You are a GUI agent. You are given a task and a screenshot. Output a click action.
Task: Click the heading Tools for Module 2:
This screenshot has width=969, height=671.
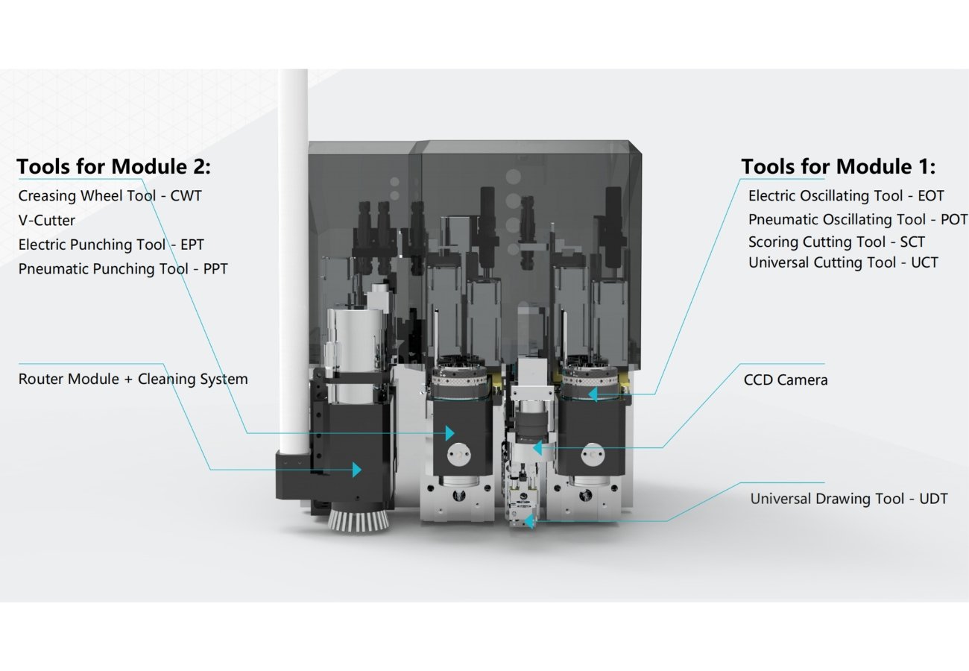coord(113,166)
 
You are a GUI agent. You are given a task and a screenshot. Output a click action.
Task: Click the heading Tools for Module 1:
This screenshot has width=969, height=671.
coord(838,166)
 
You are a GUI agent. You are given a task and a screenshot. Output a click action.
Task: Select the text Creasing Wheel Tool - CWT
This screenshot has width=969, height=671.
coord(110,195)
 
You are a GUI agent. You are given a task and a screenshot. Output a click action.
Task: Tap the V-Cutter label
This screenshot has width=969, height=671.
coord(46,220)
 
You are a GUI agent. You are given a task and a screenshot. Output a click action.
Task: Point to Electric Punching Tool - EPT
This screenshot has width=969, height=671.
coord(110,245)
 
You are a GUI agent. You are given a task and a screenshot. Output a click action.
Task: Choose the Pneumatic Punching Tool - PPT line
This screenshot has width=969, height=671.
coord(122,268)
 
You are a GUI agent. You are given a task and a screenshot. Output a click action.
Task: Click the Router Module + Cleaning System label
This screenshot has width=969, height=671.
coord(133,379)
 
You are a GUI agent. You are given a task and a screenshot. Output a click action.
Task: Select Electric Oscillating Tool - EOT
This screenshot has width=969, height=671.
coord(846,195)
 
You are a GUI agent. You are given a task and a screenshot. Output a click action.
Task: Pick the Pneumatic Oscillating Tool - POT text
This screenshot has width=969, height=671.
coord(857,219)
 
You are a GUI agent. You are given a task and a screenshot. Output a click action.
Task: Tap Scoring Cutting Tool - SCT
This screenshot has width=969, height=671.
coord(836,242)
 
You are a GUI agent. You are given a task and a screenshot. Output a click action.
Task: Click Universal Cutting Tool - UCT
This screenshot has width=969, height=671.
coord(843,262)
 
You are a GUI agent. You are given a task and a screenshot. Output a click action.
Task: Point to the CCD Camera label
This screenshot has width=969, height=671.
coord(786,379)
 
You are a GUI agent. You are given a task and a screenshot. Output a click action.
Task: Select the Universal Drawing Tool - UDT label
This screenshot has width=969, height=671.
coord(849,499)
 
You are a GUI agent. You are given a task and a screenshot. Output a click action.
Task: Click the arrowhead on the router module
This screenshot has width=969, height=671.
coord(357,470)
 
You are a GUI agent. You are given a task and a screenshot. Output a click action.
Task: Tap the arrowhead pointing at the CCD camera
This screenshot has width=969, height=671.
coord(536,448)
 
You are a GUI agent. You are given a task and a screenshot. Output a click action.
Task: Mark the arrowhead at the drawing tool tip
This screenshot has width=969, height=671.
coord(529,521)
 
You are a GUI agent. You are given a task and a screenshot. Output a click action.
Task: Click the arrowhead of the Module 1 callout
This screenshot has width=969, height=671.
coord(593,394)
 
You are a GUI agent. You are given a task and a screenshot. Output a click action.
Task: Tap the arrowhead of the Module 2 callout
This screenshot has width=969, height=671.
coord(449,432)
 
